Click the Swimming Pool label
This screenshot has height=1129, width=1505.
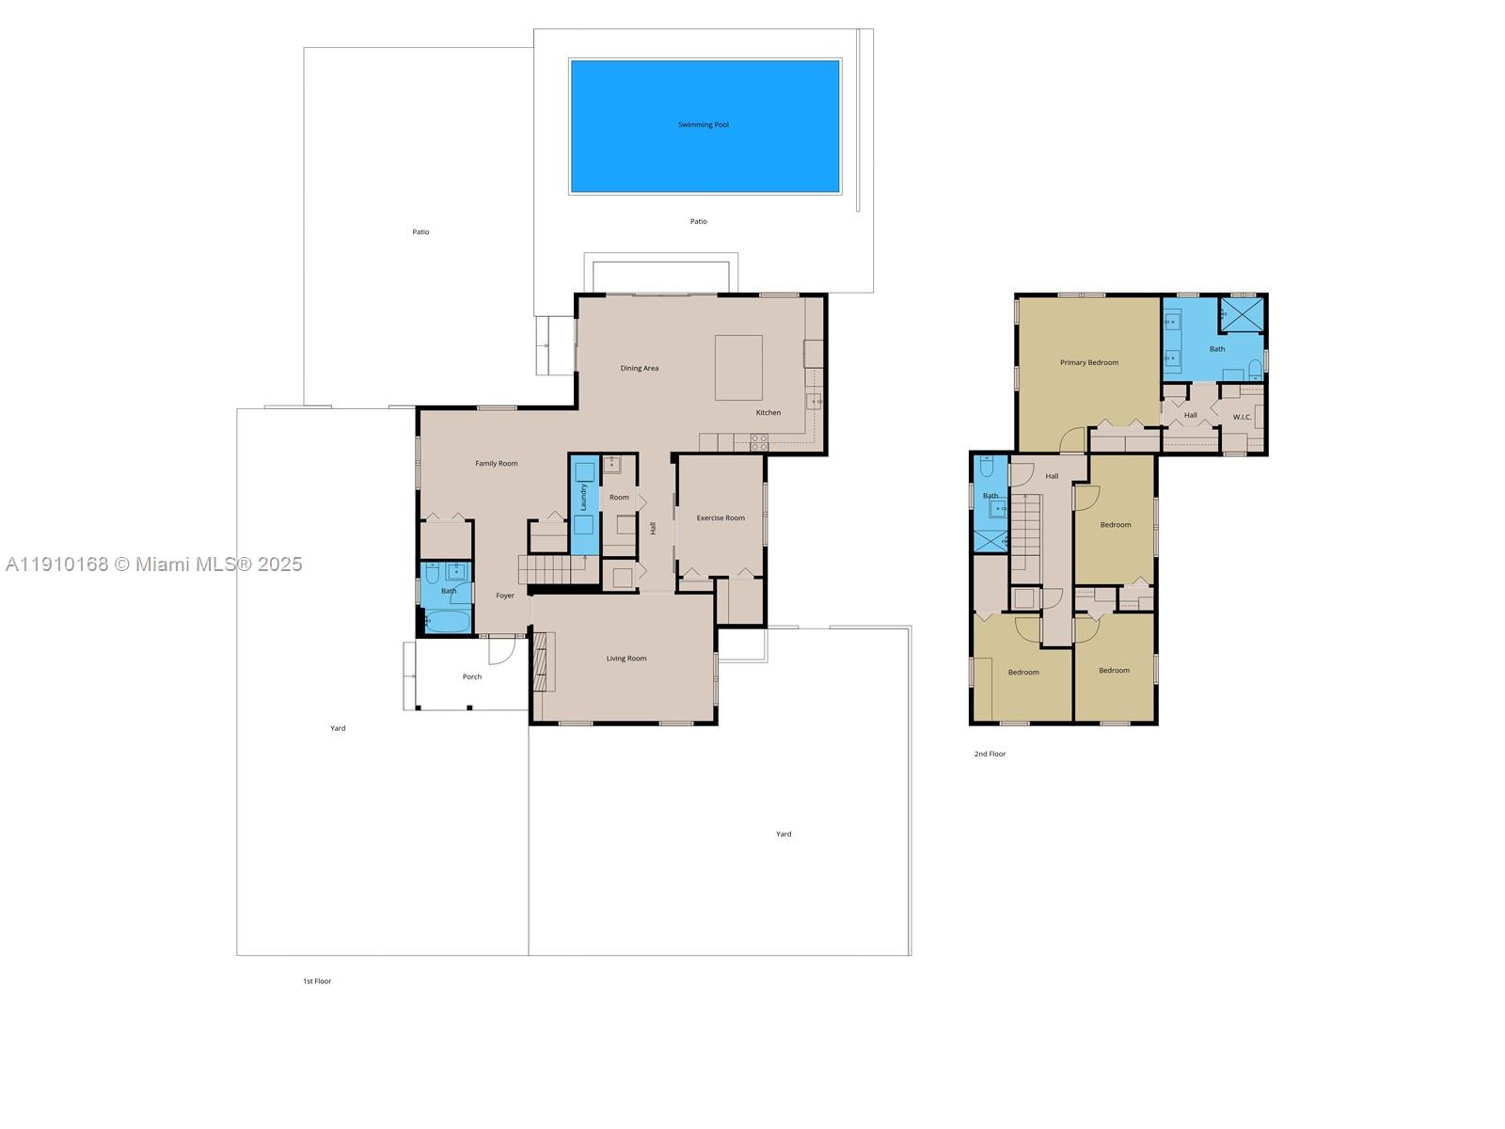pos(704,125)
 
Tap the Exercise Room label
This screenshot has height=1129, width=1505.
pos(721,518)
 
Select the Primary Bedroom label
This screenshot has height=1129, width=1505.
pos(1089,363)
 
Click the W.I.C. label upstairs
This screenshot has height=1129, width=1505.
pos(1242,417)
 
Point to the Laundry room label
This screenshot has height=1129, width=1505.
pos(583,497)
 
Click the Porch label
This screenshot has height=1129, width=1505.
pos(472,677)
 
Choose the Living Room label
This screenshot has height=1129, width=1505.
pos(626,659)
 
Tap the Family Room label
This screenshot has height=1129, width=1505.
pos(496,464)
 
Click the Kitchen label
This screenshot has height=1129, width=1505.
pos(768,413)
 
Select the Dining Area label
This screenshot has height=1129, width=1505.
pos(640,369)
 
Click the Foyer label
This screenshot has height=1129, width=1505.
pos(505,596)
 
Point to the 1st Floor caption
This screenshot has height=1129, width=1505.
pos(317,981)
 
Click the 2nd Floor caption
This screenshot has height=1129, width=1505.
pos(990,755)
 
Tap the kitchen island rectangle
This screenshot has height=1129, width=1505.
pos(738,368)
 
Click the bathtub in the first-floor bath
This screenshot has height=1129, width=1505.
pos(448,622)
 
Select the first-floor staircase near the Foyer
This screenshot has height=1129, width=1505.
pos(546,569)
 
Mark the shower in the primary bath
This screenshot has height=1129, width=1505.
pos(1242,313)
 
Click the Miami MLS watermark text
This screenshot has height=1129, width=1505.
pos(154,564)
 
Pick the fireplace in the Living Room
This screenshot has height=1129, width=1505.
pos(545,662)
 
